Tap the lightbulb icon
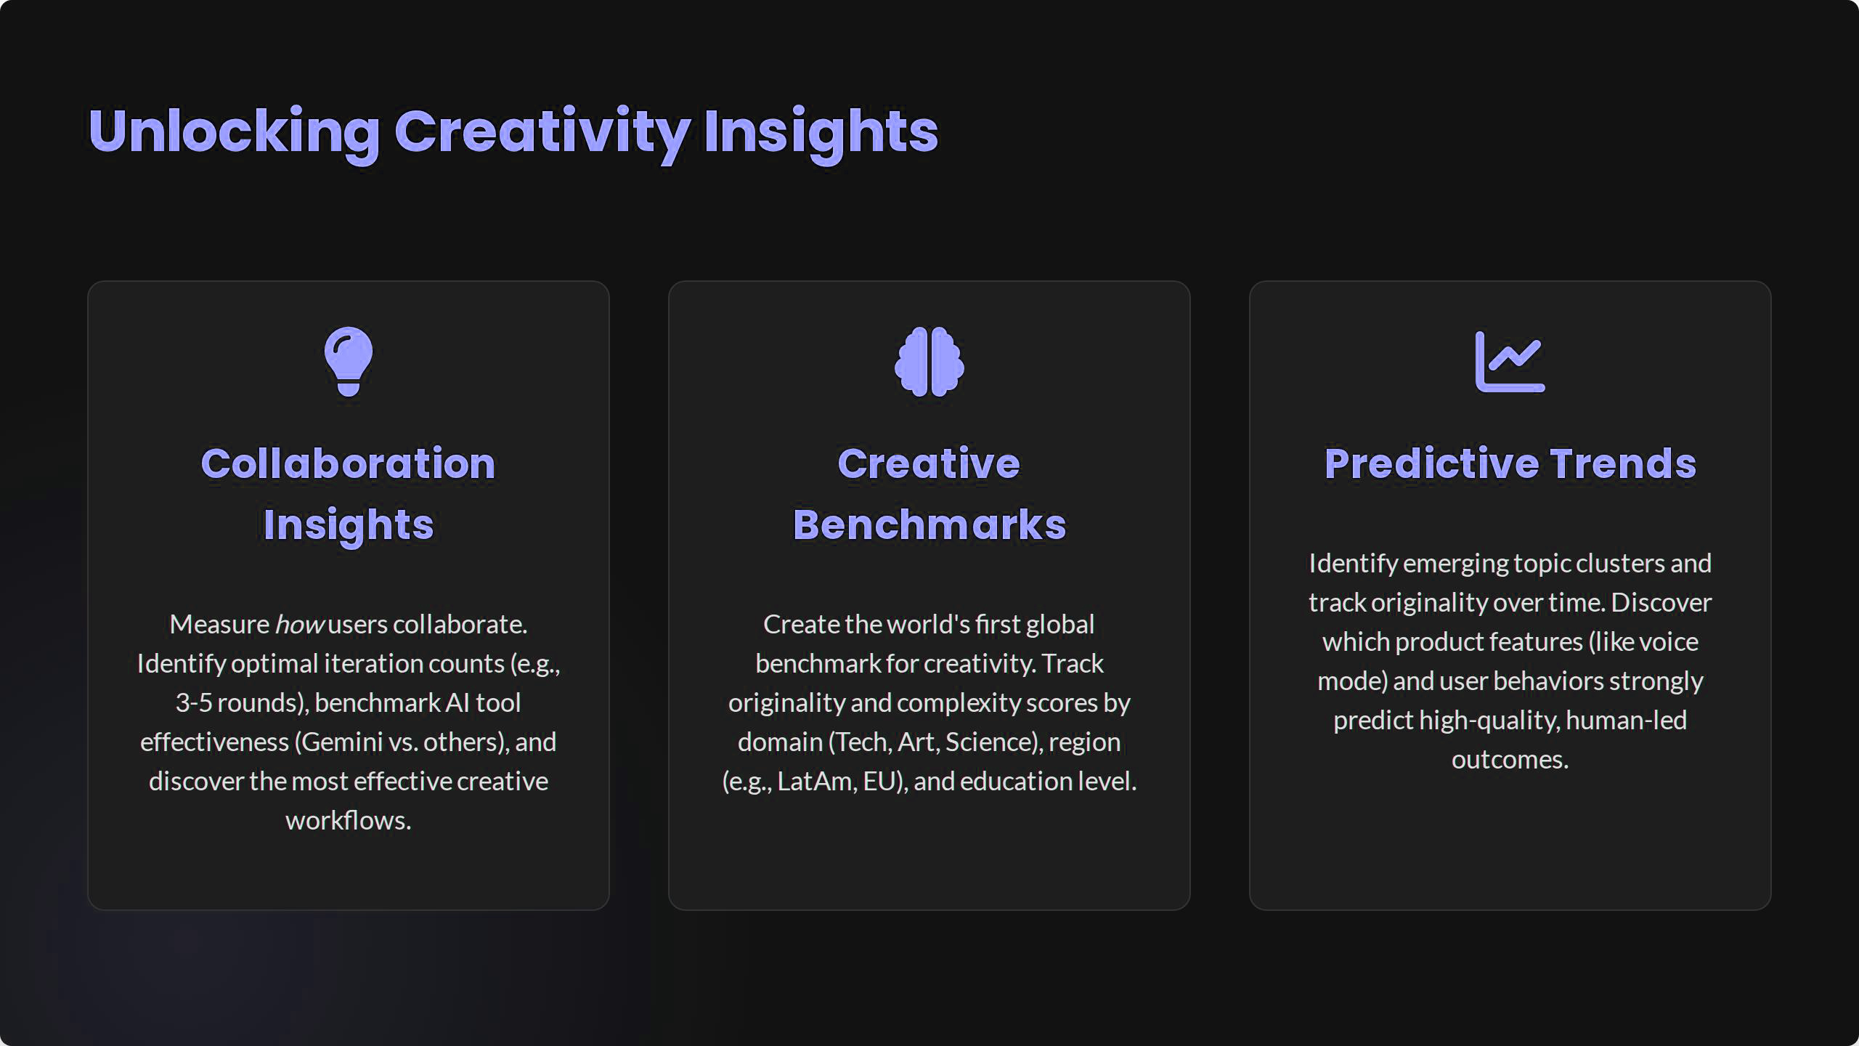[x=349, y=362]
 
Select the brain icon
[x=929, y=362]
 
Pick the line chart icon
[x=1510, y=362]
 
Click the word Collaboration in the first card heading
[x=349, y=463]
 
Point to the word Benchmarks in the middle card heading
[x=929, y=524]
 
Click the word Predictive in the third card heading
[x=1432, y=463]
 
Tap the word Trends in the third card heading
[x=1624, y=463]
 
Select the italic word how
[x=299, y=625]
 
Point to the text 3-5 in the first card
[x=193, y=703]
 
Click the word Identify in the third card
[x=1354, y=564]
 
